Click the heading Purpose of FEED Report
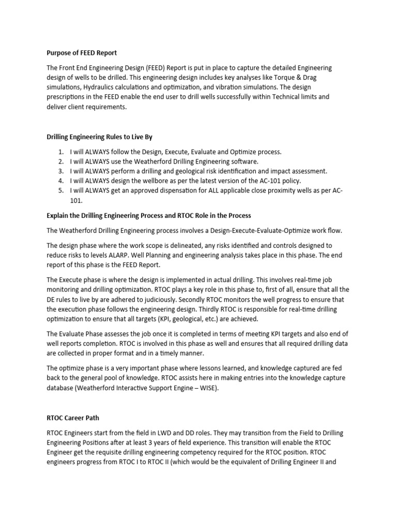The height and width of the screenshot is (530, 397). click(x=83, y=52)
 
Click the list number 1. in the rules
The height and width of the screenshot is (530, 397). click(x=61, y=152)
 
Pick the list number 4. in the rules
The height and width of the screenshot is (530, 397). click(x=61, y=180)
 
